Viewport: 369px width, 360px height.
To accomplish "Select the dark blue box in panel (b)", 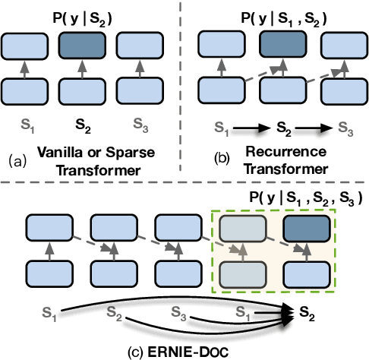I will tap(281, 46).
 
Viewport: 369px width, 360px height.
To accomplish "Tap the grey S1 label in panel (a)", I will tap(27, 121).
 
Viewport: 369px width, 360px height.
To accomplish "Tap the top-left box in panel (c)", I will tap(48, 226).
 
